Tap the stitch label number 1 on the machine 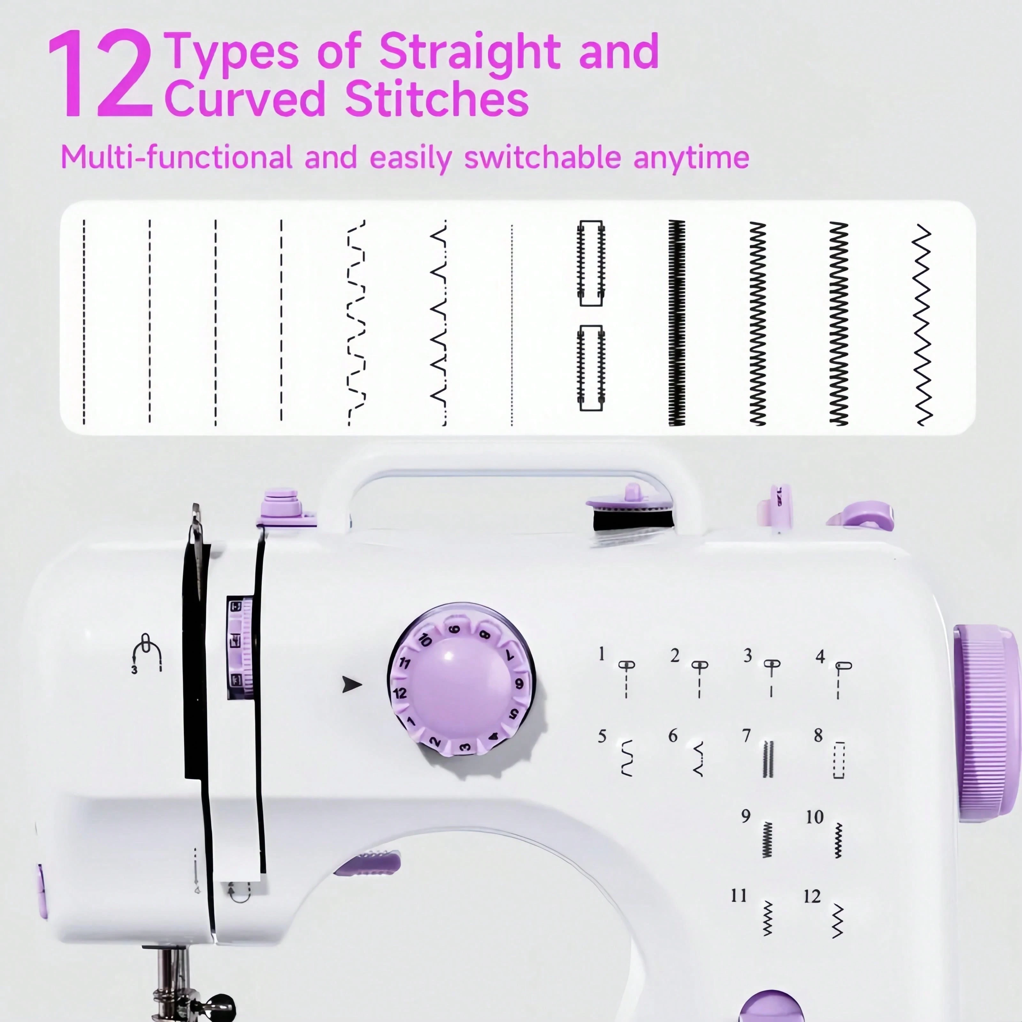click(x=601, y=654)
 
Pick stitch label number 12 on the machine click(x=812, y=896)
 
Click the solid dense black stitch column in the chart click(x=676, y=323)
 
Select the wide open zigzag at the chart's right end click(x=922, y=325)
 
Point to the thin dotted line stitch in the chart click(x=512, y=325)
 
